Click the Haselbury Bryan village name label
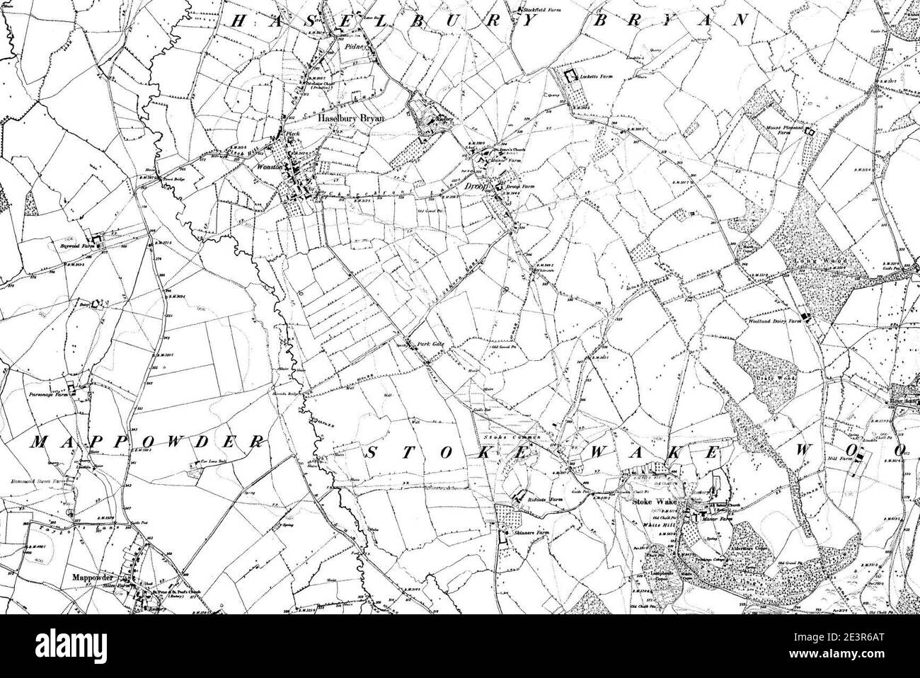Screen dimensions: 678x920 [351, 119]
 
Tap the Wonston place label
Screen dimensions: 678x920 [270, 168]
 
